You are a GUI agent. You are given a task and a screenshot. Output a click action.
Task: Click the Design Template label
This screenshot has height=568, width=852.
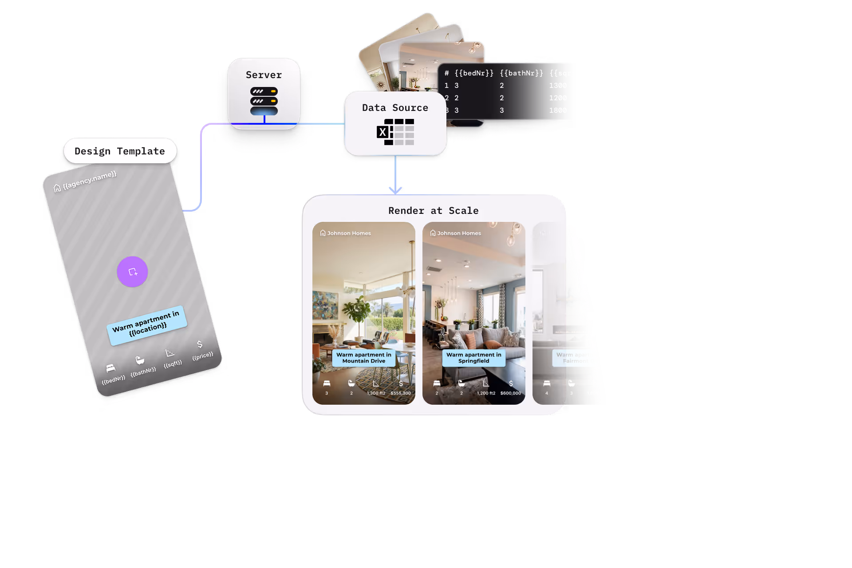click(119, 151)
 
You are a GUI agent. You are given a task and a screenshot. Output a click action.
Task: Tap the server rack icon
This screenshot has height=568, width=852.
click(264, 101)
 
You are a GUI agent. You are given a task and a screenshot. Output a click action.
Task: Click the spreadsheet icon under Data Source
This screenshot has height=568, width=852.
click(395, 132)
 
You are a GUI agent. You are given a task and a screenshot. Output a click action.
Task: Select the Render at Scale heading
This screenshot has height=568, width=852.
click(433, 211)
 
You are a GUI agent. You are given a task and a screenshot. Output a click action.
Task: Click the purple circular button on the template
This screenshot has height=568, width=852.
click(132, 272)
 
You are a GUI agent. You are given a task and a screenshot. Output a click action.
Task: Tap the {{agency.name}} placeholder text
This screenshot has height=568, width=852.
click(89, 180)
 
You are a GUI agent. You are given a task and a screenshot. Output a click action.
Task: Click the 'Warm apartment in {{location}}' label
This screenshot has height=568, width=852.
click(146, 325)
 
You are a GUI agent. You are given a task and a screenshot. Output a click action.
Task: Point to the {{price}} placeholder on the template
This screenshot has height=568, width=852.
click(202, 356)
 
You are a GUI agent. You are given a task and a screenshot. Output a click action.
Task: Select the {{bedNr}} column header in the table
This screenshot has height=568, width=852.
click(474, 73)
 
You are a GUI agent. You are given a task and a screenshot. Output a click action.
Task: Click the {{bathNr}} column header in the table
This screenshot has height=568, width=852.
click(521, 73)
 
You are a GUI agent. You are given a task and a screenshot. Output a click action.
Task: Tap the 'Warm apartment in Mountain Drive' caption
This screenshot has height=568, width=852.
click(364, 358)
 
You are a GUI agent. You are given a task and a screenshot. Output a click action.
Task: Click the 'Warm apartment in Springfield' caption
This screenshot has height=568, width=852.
click(473, 358)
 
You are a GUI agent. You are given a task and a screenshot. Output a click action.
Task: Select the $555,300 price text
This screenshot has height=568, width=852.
click(400, 393)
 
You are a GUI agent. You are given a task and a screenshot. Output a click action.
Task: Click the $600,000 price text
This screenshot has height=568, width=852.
click(510, 393)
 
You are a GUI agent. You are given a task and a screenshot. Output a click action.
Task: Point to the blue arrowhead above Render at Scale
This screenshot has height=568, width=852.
click(395, 190)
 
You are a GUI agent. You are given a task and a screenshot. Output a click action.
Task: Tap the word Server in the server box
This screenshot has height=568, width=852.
click(264, 75)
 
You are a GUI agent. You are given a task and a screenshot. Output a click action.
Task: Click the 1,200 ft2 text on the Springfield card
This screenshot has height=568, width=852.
click(486, 393)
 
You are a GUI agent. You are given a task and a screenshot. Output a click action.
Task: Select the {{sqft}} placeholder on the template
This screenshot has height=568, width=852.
click(173, 364)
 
